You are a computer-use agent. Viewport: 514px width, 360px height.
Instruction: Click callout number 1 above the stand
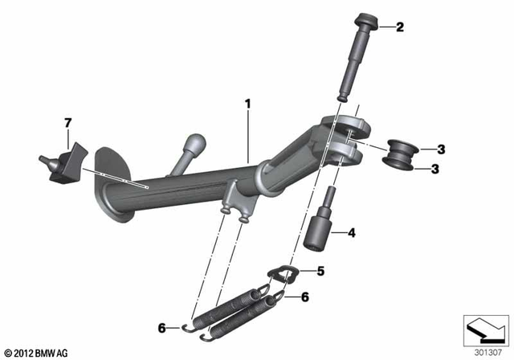pos(248,104)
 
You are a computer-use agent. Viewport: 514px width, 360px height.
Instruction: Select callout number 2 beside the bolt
pos(400,28)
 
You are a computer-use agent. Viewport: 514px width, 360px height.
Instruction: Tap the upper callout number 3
pos(441,149)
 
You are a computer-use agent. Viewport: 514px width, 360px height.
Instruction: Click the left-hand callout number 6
pos(161,328)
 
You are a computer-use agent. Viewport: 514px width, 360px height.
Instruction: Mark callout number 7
pos(67,122)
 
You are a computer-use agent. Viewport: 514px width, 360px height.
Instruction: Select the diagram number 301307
pos(485,351)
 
